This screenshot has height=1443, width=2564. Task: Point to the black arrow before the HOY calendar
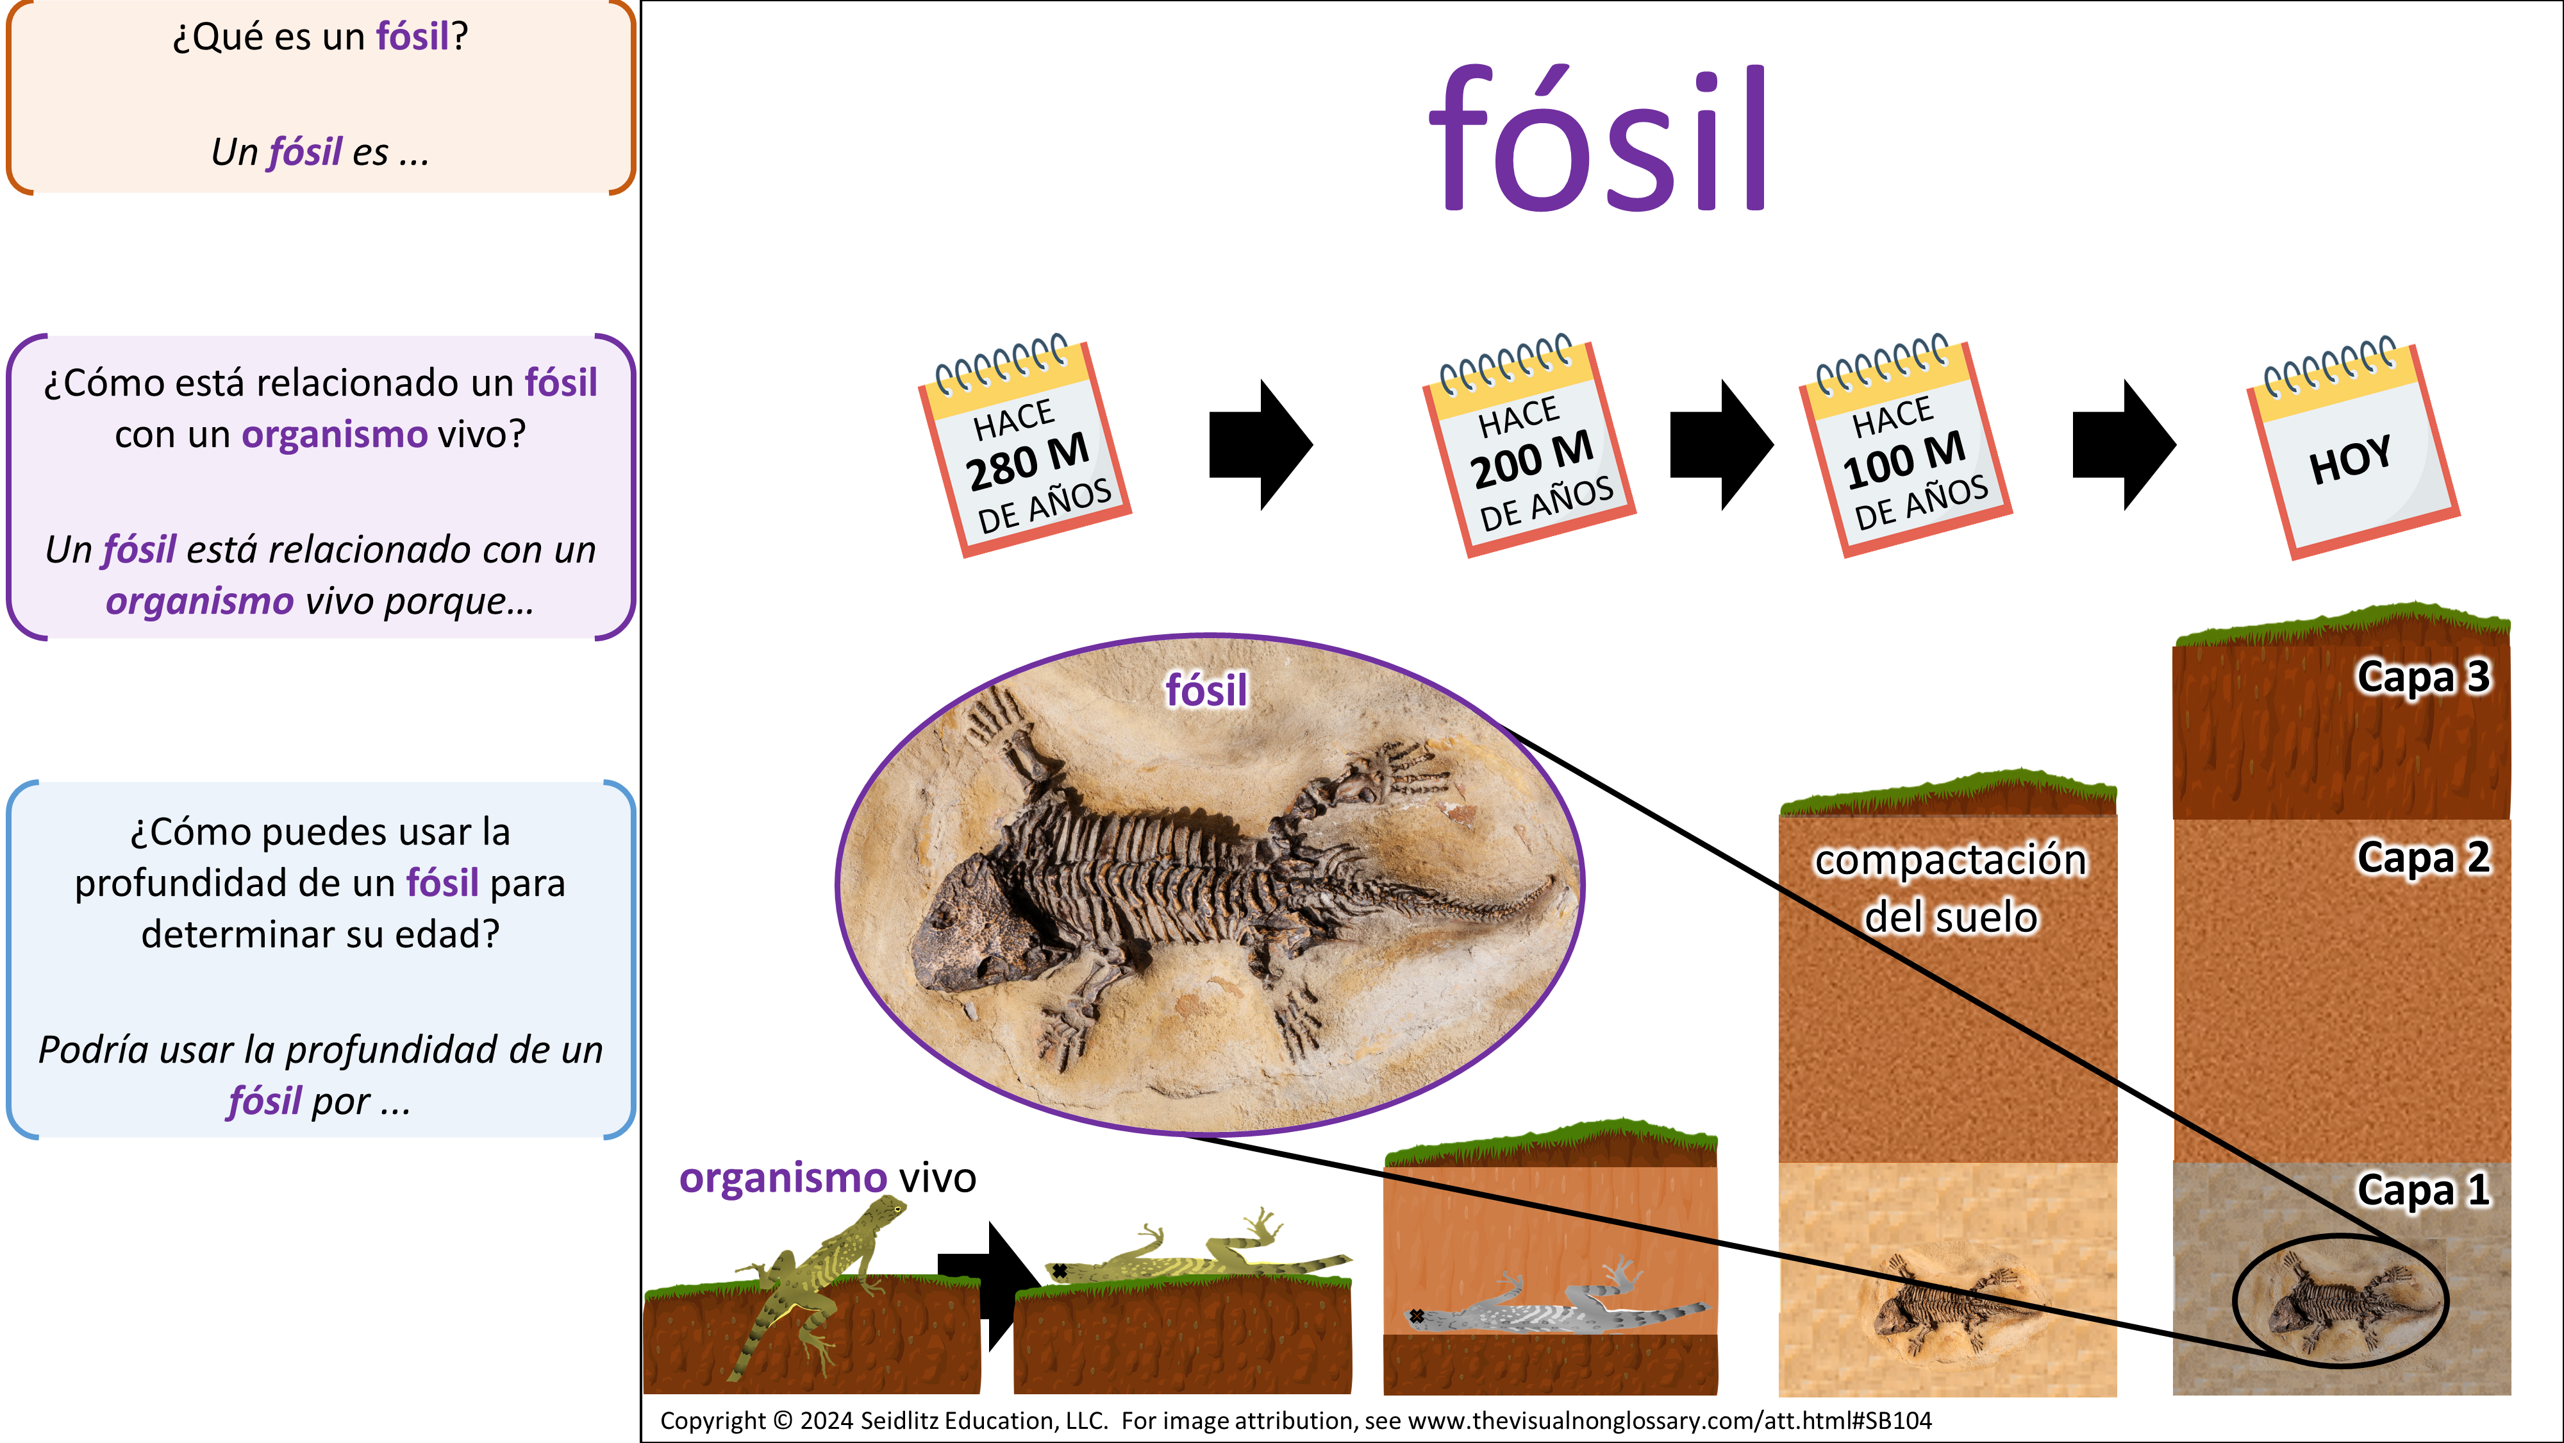pyautogui.click(x=2123, y=444)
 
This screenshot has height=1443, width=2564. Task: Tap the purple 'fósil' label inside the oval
pyautogui.click(x=1205, y=690)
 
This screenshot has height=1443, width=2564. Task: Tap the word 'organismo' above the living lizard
pyautogui.click(x=782, y=1178)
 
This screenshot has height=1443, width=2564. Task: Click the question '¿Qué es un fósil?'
pyautogui.click(x=319, y=37)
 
